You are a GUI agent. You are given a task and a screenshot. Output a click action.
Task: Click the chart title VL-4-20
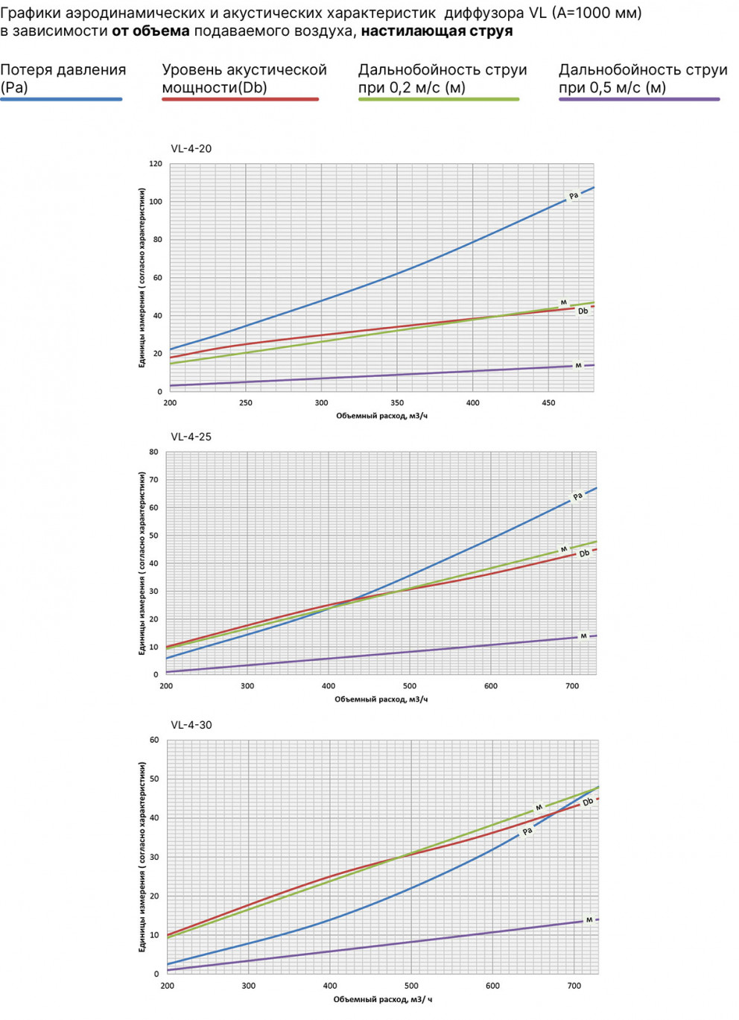(x=191, y=148)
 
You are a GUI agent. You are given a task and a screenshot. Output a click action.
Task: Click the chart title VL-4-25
(x=191, y=437)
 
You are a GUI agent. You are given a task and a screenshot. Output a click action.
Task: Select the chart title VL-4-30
(x=191, y=725)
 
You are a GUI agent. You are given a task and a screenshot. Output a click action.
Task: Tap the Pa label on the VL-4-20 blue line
(x=573, y=196)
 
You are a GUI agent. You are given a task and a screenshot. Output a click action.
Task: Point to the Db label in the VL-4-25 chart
(x=584, y=554)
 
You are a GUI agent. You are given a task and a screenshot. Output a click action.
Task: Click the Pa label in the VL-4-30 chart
(x=527, y=831)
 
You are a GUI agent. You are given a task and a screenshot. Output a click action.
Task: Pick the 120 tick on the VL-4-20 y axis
(x=155, y=164)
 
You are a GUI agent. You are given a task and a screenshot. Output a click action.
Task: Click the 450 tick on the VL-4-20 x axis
(x=548, y=403)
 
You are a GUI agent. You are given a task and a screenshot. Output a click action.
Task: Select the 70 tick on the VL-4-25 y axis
(x=153, y=480)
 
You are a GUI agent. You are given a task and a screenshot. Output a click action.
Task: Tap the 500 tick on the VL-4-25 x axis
(x=410, y=686)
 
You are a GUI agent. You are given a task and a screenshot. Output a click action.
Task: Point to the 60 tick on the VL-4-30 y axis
(x=154, y=741)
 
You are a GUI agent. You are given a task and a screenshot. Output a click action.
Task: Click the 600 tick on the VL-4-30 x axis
(x=492, y=986)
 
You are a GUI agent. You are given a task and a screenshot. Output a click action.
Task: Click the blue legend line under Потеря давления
(x=61, y=99)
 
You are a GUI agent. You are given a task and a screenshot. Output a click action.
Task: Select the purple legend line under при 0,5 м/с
(x=639, y=99)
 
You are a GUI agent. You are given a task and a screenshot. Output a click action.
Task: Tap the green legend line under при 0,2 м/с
(x=438, y=99)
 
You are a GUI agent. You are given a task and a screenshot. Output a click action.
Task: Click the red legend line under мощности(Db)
(x=240, y=99)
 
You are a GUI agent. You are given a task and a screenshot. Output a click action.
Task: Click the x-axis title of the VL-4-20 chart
(x=381, y=416)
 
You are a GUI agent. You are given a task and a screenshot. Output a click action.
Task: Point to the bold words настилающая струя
(x=437, y=31)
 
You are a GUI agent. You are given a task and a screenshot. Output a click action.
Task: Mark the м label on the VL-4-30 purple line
(x=589, y=920)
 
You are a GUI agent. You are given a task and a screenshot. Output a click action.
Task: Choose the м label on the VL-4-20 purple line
(x=578, y=366)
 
